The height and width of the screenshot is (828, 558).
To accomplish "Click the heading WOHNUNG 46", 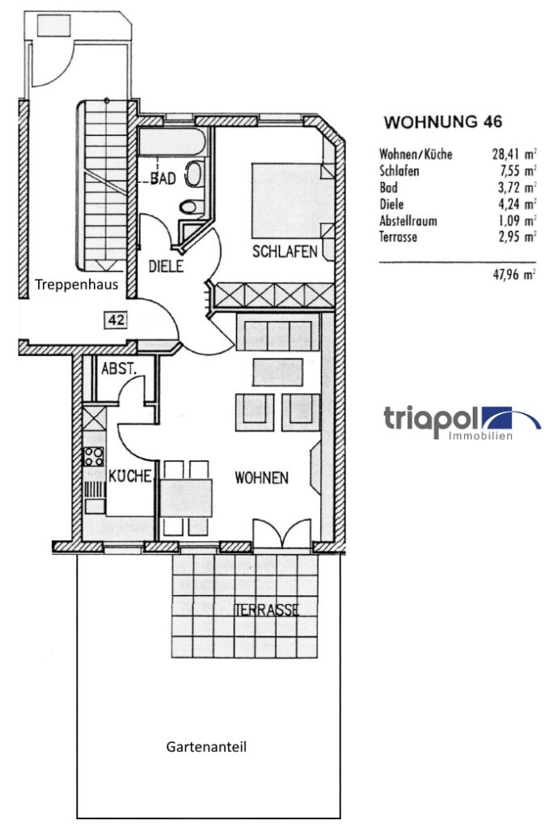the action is (442, 122).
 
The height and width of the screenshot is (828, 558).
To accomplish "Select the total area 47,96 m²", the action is (514, 275).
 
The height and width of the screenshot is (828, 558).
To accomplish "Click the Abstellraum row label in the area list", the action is (408, 221).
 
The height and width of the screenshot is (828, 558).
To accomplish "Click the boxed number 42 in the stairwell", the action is (116, 319).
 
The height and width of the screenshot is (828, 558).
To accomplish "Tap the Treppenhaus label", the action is (77, 285).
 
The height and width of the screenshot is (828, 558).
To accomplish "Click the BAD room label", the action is (163, 179).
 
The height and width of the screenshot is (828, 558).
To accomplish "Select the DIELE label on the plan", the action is (166, 266).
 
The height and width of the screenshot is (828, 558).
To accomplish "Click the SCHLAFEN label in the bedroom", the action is (285, 251).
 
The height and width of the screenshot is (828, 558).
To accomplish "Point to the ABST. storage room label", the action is (119, 369).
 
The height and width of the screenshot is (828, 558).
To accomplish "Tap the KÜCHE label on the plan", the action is (130, 475).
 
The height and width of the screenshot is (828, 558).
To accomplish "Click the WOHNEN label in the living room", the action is (262, 478).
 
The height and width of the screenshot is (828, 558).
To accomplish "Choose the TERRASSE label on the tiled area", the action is (267, 610).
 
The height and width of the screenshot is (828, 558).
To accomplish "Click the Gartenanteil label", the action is (206, 747).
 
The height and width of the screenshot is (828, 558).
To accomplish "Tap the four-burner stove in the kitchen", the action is (95, 456).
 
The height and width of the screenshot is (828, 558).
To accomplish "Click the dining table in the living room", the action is (186, 498).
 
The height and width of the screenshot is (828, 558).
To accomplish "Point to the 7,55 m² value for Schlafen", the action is (514, 171).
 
